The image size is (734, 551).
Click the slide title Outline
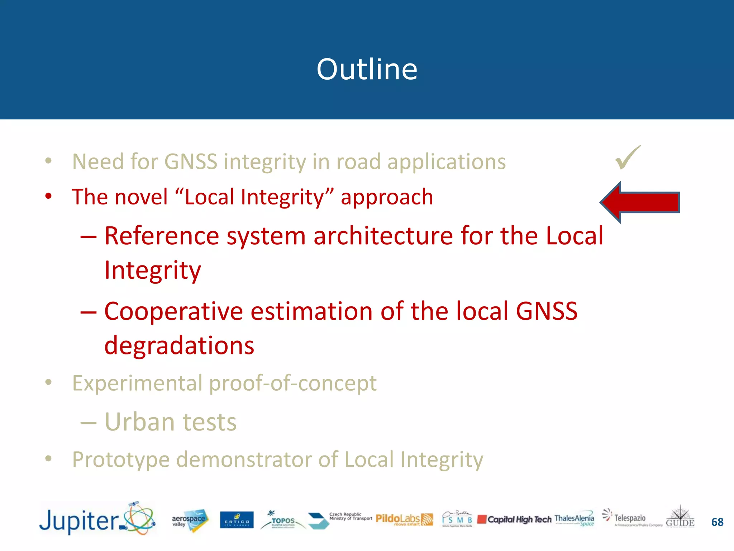click(x=367, y=69)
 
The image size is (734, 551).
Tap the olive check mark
click(x=628, y=158)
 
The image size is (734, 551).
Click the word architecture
click(x=383, y=236)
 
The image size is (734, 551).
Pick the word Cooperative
click(x=173, y=311)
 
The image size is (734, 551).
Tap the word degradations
click(x=179, y=345)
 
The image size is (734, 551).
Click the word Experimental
click(x=137, y=383)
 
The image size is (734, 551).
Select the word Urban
click(x=139, y=422)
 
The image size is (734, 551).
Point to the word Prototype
click(x=121, y=460)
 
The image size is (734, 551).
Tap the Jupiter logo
click(x=97, y=519)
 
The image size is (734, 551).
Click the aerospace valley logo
click(x=190, y=520)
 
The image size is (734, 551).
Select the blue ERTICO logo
click(x=237, y=520)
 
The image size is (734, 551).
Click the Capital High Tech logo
click(x=515, y=519)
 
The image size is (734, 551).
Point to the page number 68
click(x=717, y=522)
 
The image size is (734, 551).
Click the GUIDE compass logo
click(x=680, y=517)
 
